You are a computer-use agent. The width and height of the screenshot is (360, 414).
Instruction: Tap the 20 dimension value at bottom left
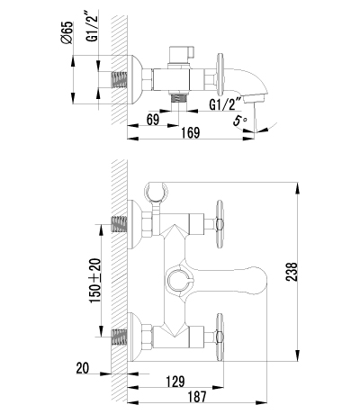(x=84, y=367)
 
